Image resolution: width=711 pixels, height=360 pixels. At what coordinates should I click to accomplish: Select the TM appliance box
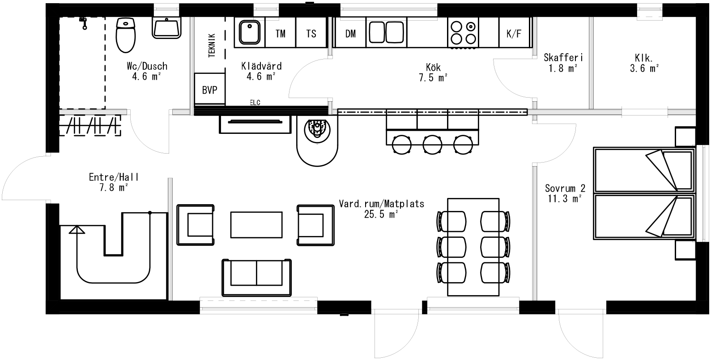tap(281, 33)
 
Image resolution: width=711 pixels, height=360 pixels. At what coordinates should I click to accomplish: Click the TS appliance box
tap(311, 33)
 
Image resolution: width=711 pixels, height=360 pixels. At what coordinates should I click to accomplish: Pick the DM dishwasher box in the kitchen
tap(350, 33)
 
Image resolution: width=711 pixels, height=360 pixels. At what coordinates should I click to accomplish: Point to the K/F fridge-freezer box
tap(514, 33)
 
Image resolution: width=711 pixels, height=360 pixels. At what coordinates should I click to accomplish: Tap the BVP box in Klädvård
tap(209, 90)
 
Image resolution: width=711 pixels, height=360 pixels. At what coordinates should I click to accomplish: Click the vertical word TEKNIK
tap(212, 45)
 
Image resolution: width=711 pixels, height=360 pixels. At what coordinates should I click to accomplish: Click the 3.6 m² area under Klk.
tap(644, 69)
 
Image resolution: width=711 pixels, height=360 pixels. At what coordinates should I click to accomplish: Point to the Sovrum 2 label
tap(565, 189)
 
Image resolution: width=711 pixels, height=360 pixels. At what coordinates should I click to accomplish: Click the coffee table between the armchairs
tap(256, 225)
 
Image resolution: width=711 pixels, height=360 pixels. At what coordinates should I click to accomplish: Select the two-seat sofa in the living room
tap(256, 277)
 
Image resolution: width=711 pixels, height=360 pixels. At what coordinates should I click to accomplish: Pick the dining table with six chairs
tap(473, 247)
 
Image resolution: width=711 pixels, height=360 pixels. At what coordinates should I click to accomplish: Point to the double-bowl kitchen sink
tap(386, 33)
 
